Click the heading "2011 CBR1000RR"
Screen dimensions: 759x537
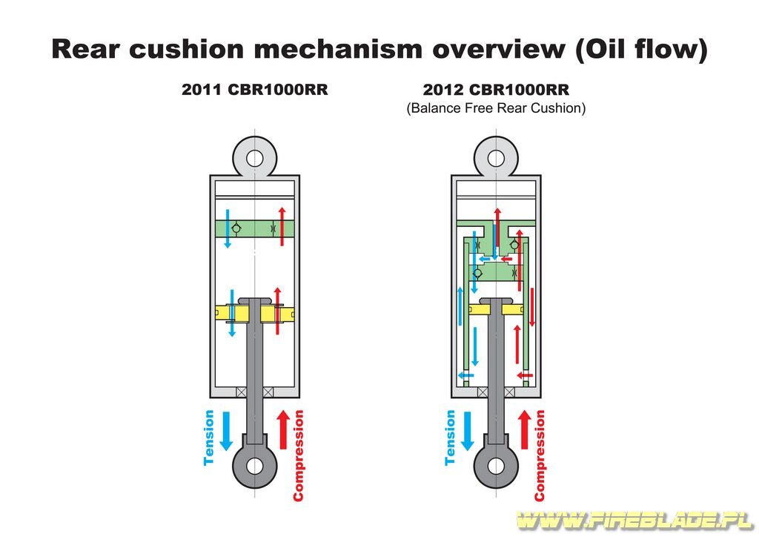point(255,90)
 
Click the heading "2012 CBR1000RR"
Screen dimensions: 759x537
point(496,90)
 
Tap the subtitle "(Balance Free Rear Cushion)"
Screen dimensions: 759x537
point(496,108)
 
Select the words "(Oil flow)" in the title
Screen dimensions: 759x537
point(641,50)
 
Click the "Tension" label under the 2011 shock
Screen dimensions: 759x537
point(208,438)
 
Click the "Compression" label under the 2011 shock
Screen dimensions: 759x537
point(298,455)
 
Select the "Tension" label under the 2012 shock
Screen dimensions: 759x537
point(450,438)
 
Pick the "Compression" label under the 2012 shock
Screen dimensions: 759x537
point(540,455)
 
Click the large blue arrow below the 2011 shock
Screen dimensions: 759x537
point(227,431)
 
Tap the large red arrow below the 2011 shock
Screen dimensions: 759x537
point(284,429)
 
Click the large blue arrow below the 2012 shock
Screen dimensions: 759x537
point(468,431)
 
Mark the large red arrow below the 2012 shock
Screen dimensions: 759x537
point(525,429)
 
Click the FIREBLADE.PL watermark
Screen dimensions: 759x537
point(635,521)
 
